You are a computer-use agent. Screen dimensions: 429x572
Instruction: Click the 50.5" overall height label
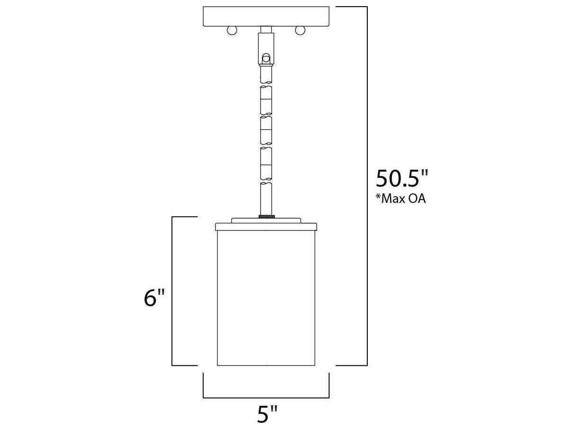[x=402, y=179]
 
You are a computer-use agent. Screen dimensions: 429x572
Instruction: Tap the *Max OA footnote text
[x=400, y=199]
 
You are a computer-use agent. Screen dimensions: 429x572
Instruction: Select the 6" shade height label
[x=154, y=298]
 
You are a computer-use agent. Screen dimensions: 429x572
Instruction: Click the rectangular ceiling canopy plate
[x=266, y=17]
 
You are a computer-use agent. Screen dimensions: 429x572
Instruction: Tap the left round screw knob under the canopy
[x=232, y=30]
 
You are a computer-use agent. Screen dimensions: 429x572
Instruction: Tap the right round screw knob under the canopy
[x=300, y=30]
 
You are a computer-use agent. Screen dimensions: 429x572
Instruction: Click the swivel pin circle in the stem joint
[x=266, y=59]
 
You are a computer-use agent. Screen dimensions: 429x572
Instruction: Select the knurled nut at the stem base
[x=266, y=217]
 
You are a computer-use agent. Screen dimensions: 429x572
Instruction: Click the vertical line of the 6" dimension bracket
[x=172, y=291]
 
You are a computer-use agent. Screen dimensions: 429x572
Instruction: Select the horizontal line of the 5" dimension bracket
[x=266, y=398]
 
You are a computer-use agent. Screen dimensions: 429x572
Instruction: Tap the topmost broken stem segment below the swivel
[x=266, y=73]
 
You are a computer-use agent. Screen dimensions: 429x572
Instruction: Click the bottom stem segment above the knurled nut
[x=266, y=197]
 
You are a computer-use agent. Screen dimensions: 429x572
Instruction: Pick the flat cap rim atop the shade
[x=266, y=227]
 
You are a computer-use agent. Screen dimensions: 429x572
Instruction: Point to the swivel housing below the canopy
[x=266, y=47]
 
